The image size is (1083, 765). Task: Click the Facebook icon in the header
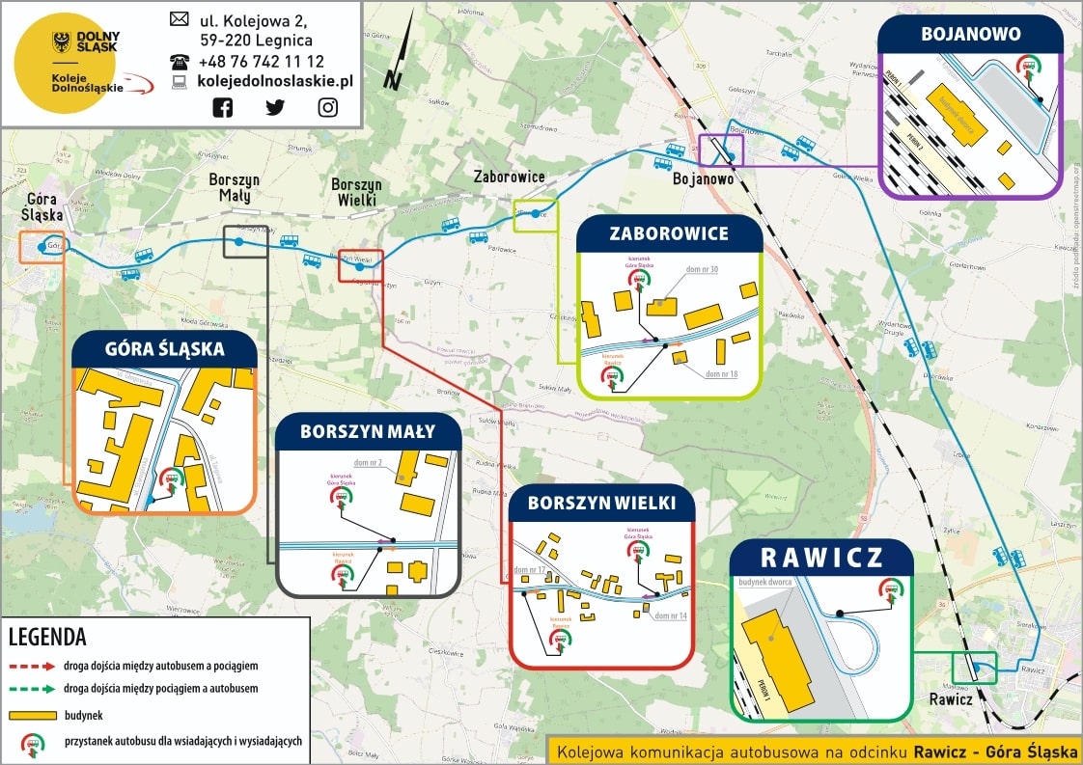(223, 107)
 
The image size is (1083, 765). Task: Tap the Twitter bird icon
(275, 107)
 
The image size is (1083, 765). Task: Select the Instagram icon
(328, 107)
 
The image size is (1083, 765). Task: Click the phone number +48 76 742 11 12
(261, 61)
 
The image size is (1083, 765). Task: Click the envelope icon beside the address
(180, 18)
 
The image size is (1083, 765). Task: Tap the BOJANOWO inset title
(970, 35)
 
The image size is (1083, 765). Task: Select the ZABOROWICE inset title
(669, 234)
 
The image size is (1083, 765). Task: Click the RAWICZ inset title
(820, 558)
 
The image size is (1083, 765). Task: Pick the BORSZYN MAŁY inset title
(368, 431)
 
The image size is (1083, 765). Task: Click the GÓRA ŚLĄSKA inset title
(164, 349)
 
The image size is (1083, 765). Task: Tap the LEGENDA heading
(47, 638)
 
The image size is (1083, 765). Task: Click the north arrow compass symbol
(398, 60)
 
